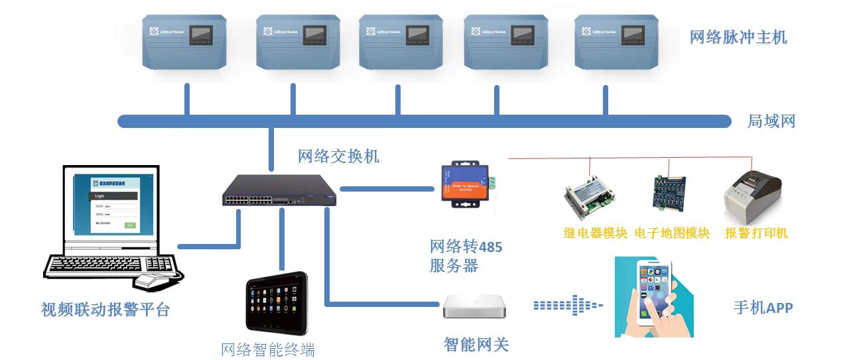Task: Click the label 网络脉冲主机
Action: coord(738,37)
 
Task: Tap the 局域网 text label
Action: coord(771,121)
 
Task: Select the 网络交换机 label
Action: coord(338,156)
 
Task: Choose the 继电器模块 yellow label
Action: coord(595,233)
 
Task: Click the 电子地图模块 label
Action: coord(672,233)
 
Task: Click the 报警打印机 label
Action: coord(756,233)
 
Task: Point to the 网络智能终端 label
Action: coord(268,349)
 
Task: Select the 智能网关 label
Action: coord(476,345)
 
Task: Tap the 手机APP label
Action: coord(763,308)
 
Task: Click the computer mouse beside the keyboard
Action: coord(156,280)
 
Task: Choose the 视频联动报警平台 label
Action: coord(105,310)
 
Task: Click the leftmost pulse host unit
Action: coord(187,41)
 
